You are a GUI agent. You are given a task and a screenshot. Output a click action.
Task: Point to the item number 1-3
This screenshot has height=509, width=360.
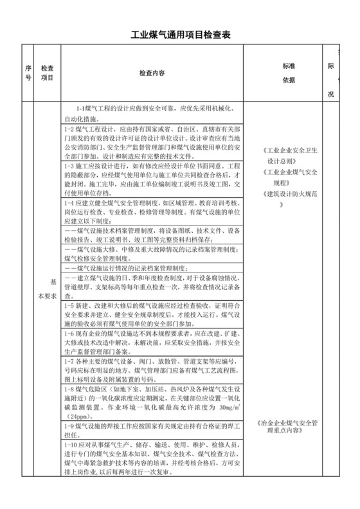[x=71, y=166]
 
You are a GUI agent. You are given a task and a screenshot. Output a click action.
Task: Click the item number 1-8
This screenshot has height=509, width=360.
[x=71, y=390]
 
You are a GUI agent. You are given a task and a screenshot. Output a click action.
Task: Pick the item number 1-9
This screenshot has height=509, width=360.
[x=71, y=427]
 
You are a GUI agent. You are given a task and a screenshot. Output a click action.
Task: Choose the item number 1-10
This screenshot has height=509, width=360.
[x=72, y=445]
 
